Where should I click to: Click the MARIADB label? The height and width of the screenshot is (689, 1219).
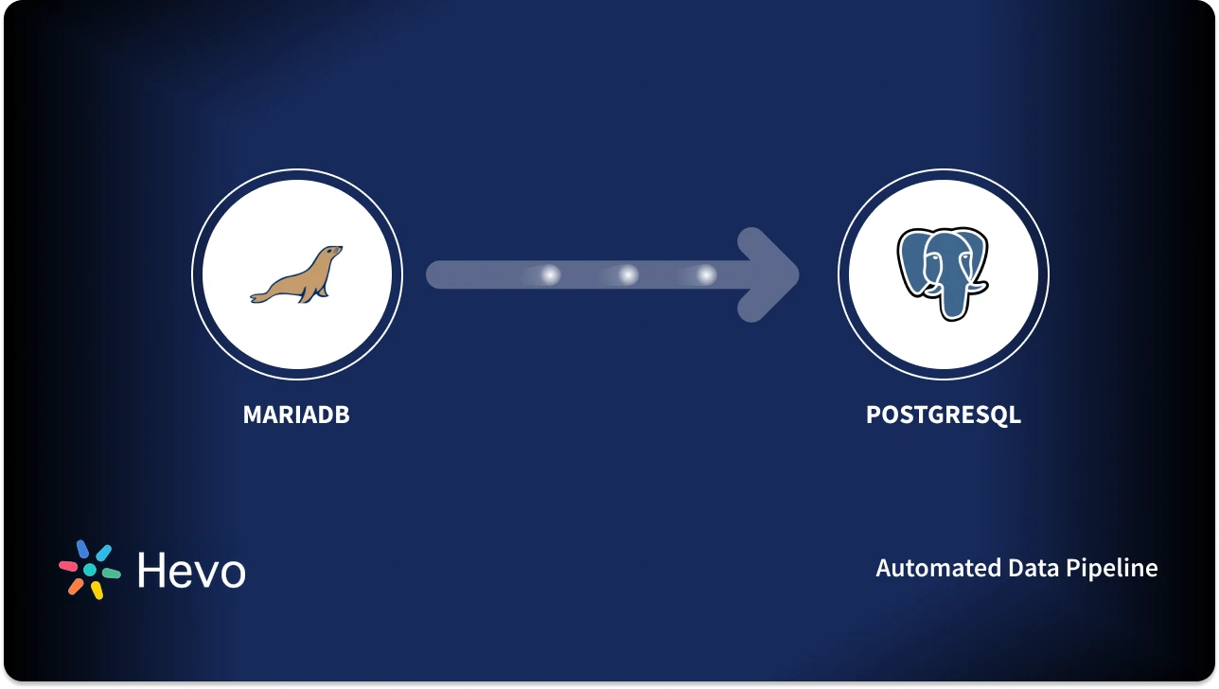[x=296, y=415]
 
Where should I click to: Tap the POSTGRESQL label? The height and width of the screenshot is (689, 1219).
[x=943, y=415]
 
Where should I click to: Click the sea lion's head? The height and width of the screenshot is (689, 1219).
[x=328, y=255]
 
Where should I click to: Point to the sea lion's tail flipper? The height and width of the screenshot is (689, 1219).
[x=260, y=297]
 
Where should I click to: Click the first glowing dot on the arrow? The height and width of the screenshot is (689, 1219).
[x=550, y=274]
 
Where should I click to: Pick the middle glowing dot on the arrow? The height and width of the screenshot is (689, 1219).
[x=628, y=274]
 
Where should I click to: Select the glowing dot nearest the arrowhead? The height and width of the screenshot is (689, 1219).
[x=706, y=274]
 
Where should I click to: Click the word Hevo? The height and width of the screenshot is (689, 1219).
[x=191, y=571]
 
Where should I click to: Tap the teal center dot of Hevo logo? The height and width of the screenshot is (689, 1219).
[x=90, y=570]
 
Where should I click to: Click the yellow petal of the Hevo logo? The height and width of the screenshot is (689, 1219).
[x=97, y=591]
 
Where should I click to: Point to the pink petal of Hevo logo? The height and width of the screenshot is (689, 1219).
[x=68, y=567]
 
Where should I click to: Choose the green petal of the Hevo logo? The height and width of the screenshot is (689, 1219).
[x=112, y=574]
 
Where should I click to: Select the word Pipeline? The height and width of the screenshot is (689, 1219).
[x=1111, y=569]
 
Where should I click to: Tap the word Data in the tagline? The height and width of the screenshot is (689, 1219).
[x=1033, y=568]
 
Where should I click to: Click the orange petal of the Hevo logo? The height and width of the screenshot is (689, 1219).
[x=76, y=587]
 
